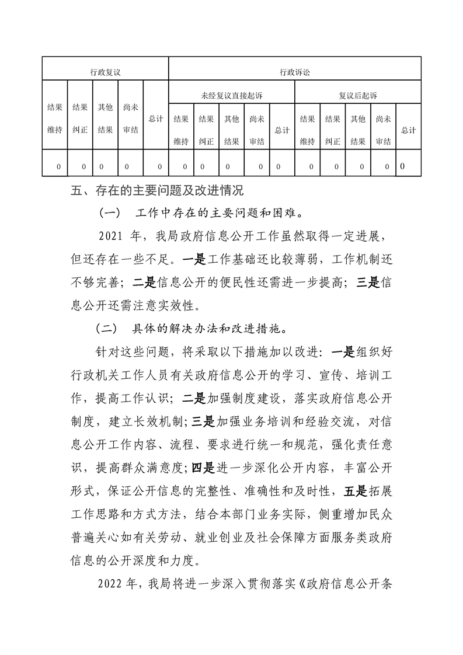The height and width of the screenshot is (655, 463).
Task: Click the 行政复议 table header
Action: click(105, 72)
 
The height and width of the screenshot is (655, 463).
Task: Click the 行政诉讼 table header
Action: click(295, 72)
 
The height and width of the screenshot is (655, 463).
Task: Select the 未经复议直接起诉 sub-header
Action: click(231, 95)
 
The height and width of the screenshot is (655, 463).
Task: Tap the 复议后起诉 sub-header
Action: click(358, 95)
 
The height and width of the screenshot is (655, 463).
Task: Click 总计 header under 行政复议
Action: click(155, 119)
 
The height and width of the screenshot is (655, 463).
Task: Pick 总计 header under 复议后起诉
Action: click(409, 130)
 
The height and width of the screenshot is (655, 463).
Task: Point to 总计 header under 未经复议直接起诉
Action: click(282, 130)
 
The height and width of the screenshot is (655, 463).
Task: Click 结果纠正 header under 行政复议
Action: click(80, 119)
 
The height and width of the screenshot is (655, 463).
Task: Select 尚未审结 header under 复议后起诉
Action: click(383, 130)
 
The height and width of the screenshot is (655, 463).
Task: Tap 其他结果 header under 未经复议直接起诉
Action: click(231, 130)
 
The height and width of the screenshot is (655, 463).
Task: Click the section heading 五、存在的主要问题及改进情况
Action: click(155, 190)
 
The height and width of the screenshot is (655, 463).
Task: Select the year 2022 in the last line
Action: click(110, 583)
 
